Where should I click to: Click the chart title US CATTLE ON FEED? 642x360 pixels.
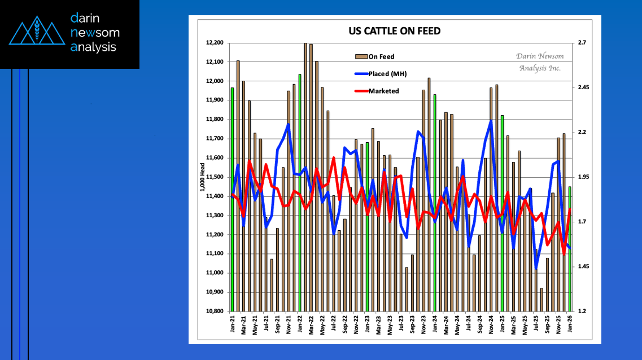click(395, 31)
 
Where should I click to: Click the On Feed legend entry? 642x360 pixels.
click(382, 56)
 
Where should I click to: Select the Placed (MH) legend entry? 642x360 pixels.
click(387, 74)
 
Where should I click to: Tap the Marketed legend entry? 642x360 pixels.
click(383, 91)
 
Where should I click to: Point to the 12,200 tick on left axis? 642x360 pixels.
click(215, 43)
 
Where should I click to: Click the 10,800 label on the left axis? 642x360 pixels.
click(215, 311)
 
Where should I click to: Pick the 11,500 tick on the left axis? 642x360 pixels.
click(215, 177)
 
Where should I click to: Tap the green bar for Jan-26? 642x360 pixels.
click(570, 248)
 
